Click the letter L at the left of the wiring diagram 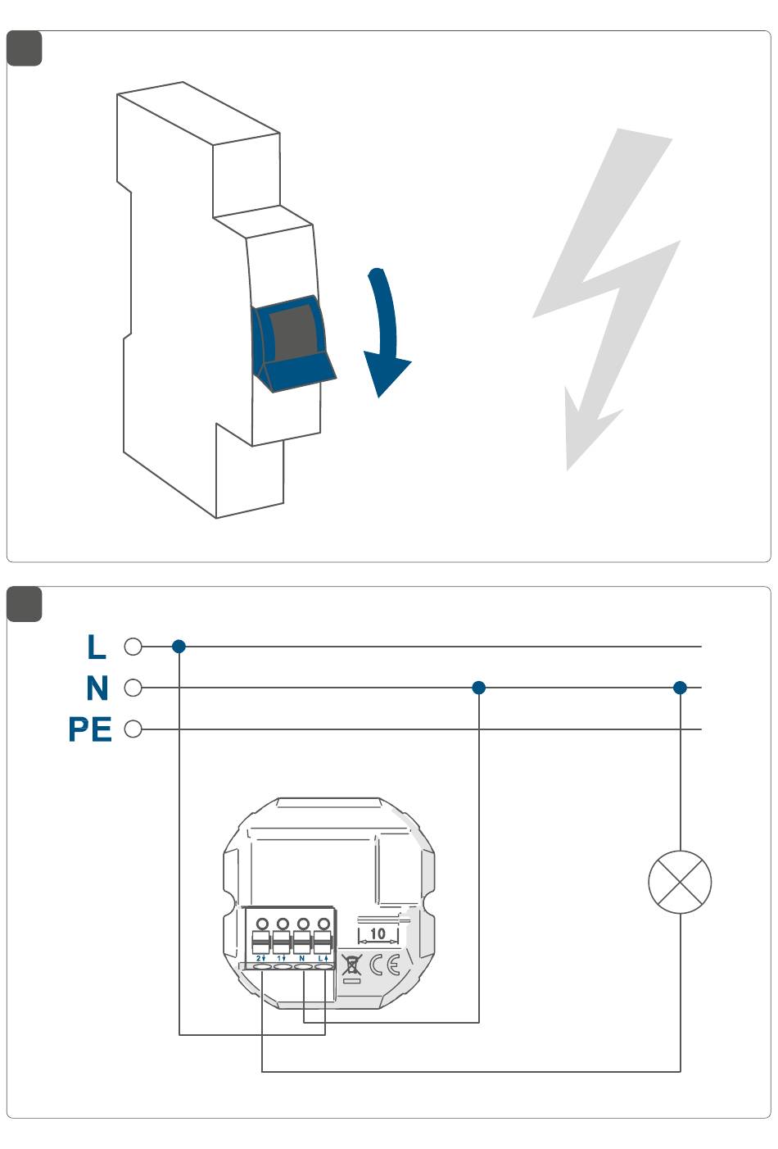[97, 647]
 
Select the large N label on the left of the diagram [97, 688]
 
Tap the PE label [89, 729]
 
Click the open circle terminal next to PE [133, 729]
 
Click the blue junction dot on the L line [179, 647]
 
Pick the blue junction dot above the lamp [680, 688]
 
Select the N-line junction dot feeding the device [479, 688]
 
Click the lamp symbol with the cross [680, 882]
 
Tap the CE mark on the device [384, 965]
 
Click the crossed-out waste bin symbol [351, 965]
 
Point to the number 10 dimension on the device [378, 933]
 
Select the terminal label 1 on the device [281, 957]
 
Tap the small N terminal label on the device [301, 957]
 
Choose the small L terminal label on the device [322, 957]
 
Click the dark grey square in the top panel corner [25, 48]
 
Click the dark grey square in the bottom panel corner [25, 604]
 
